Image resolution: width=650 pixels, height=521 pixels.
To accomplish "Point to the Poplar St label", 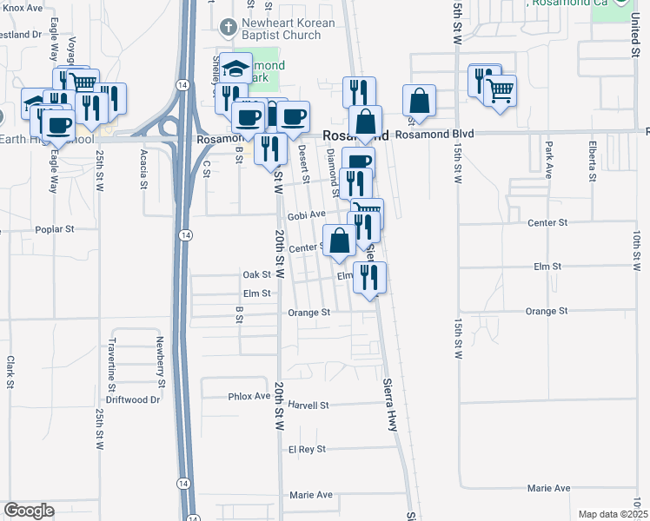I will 56,230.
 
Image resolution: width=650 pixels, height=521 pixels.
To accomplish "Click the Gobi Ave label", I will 306,214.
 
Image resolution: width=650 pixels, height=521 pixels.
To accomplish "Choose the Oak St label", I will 258,274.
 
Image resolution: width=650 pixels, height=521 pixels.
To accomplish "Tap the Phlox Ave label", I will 249,396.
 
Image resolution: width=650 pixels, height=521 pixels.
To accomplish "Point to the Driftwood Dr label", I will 133,400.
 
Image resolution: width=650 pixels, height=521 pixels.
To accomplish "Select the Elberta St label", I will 592,161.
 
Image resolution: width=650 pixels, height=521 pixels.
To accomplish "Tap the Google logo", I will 29,511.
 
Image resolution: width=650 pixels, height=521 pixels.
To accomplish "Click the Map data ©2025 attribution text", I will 613,514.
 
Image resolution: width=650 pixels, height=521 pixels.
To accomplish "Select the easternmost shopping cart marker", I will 500,89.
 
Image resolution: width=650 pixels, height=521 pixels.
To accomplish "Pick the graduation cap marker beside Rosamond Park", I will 235,69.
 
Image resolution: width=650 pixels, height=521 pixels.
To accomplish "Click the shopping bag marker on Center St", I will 338,241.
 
